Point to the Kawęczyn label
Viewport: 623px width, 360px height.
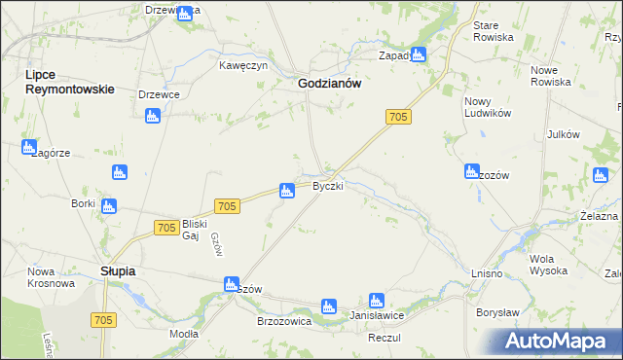pyautogui.click(x=242, y=66)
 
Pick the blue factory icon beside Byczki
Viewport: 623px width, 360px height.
pyautogui.click(x=287, y=191)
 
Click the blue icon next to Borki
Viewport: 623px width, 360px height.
pyautogui.click(x=109, y=205)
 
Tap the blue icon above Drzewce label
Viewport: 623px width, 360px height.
pyautogui.click(x=152, y=117)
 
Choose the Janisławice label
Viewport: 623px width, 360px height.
pyautogui.click(x=377, y=317)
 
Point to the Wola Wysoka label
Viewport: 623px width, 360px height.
pyautogui.click(x=548, y=266)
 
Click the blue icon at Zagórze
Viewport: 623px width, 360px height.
pyautogui.click(x=28, y=147)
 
